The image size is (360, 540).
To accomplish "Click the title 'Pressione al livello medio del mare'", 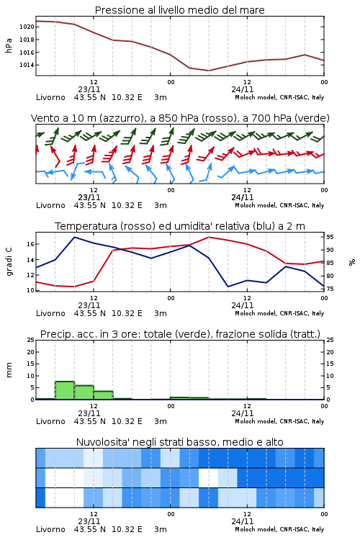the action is [179, 10].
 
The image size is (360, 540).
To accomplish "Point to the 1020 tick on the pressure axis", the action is [27, 27].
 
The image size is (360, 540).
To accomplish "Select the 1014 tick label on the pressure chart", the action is [27, 65].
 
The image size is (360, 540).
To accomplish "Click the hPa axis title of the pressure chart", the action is [9, 45].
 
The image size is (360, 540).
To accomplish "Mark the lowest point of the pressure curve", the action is [208, 71].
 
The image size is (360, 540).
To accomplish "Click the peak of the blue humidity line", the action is [74, 237].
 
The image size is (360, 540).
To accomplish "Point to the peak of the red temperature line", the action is [208, 237].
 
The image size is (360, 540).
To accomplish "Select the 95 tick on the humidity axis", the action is [330, 237].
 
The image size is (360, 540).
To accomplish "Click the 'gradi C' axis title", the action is [9, 261].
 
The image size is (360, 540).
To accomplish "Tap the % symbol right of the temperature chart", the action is [352, 262].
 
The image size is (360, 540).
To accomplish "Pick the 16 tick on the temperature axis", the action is [31, 244].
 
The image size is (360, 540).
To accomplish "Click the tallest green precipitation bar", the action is [65, 390].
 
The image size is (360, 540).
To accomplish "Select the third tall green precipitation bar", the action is [104, 395].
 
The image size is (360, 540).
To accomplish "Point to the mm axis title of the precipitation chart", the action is [9, 370].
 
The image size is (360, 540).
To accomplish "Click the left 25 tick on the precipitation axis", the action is [31, 340].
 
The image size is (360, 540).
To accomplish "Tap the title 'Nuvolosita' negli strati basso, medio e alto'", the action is [179, 442].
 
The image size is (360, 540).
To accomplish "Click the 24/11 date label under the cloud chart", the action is [243, 521].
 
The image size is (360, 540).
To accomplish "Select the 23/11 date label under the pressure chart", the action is [89, 89].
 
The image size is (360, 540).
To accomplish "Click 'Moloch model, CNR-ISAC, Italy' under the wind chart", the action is [279, 205].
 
